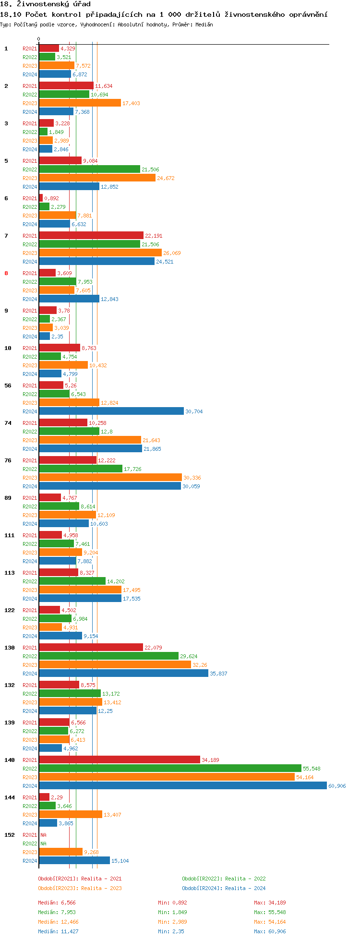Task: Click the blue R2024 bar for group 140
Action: click(182, 786)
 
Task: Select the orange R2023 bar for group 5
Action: click(97, 178)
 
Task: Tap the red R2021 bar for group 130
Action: click(91, 648)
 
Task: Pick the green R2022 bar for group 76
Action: click(81, 469)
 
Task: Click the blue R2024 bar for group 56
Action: click(111, 411)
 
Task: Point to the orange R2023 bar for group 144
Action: click(71, 815)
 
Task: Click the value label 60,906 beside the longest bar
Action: click(337, 786)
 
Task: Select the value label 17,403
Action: click(131, 103)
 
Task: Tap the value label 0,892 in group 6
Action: click(51, 198)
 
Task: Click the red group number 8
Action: click(6, 273)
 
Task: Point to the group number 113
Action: click(10, 573)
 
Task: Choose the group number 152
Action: click(10, 835)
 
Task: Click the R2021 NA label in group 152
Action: click(43, 835)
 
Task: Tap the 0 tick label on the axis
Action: click(39, 39)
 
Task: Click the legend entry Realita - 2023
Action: click(80, 888)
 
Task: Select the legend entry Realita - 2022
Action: click(224, 879)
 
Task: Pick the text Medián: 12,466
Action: click(58, 922)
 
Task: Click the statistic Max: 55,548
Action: click(270, 912)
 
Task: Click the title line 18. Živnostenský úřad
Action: click(45, 4)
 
